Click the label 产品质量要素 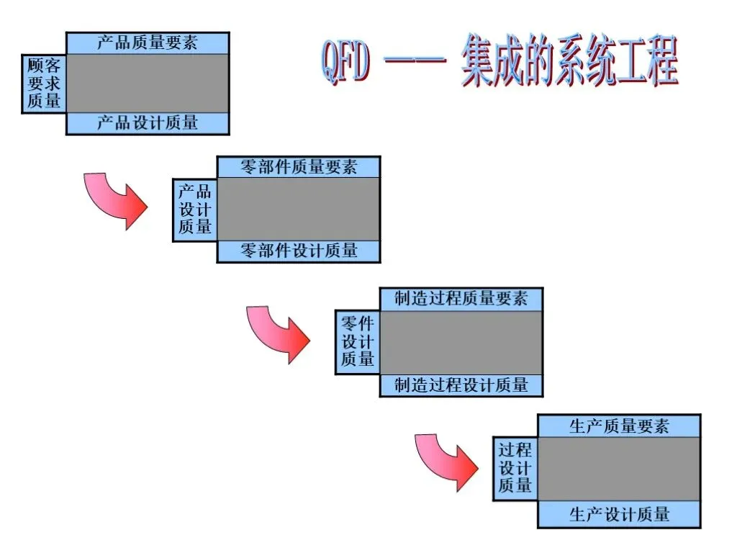click(x=147, y=42)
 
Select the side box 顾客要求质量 click(x=44, y=84)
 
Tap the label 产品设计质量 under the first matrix click(x=147, y=123)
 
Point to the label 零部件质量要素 click(x=299, y=167)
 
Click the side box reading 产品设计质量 click(x=194, y=210)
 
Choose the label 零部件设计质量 click(x=299, y=251)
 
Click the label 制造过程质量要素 click(x=461, y=299)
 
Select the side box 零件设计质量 click(x=357, y=342)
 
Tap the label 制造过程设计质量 click(x=461, y=385)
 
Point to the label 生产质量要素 click(x=619, y=426)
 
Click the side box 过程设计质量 click(x=515, y=468)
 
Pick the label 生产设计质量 click(x=619, y=514)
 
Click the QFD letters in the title click(x=346, y=62)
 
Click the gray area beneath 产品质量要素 click(x=148, y=84)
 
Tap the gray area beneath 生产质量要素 click(x=619, y=469)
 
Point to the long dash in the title click(x=415, y=60)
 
